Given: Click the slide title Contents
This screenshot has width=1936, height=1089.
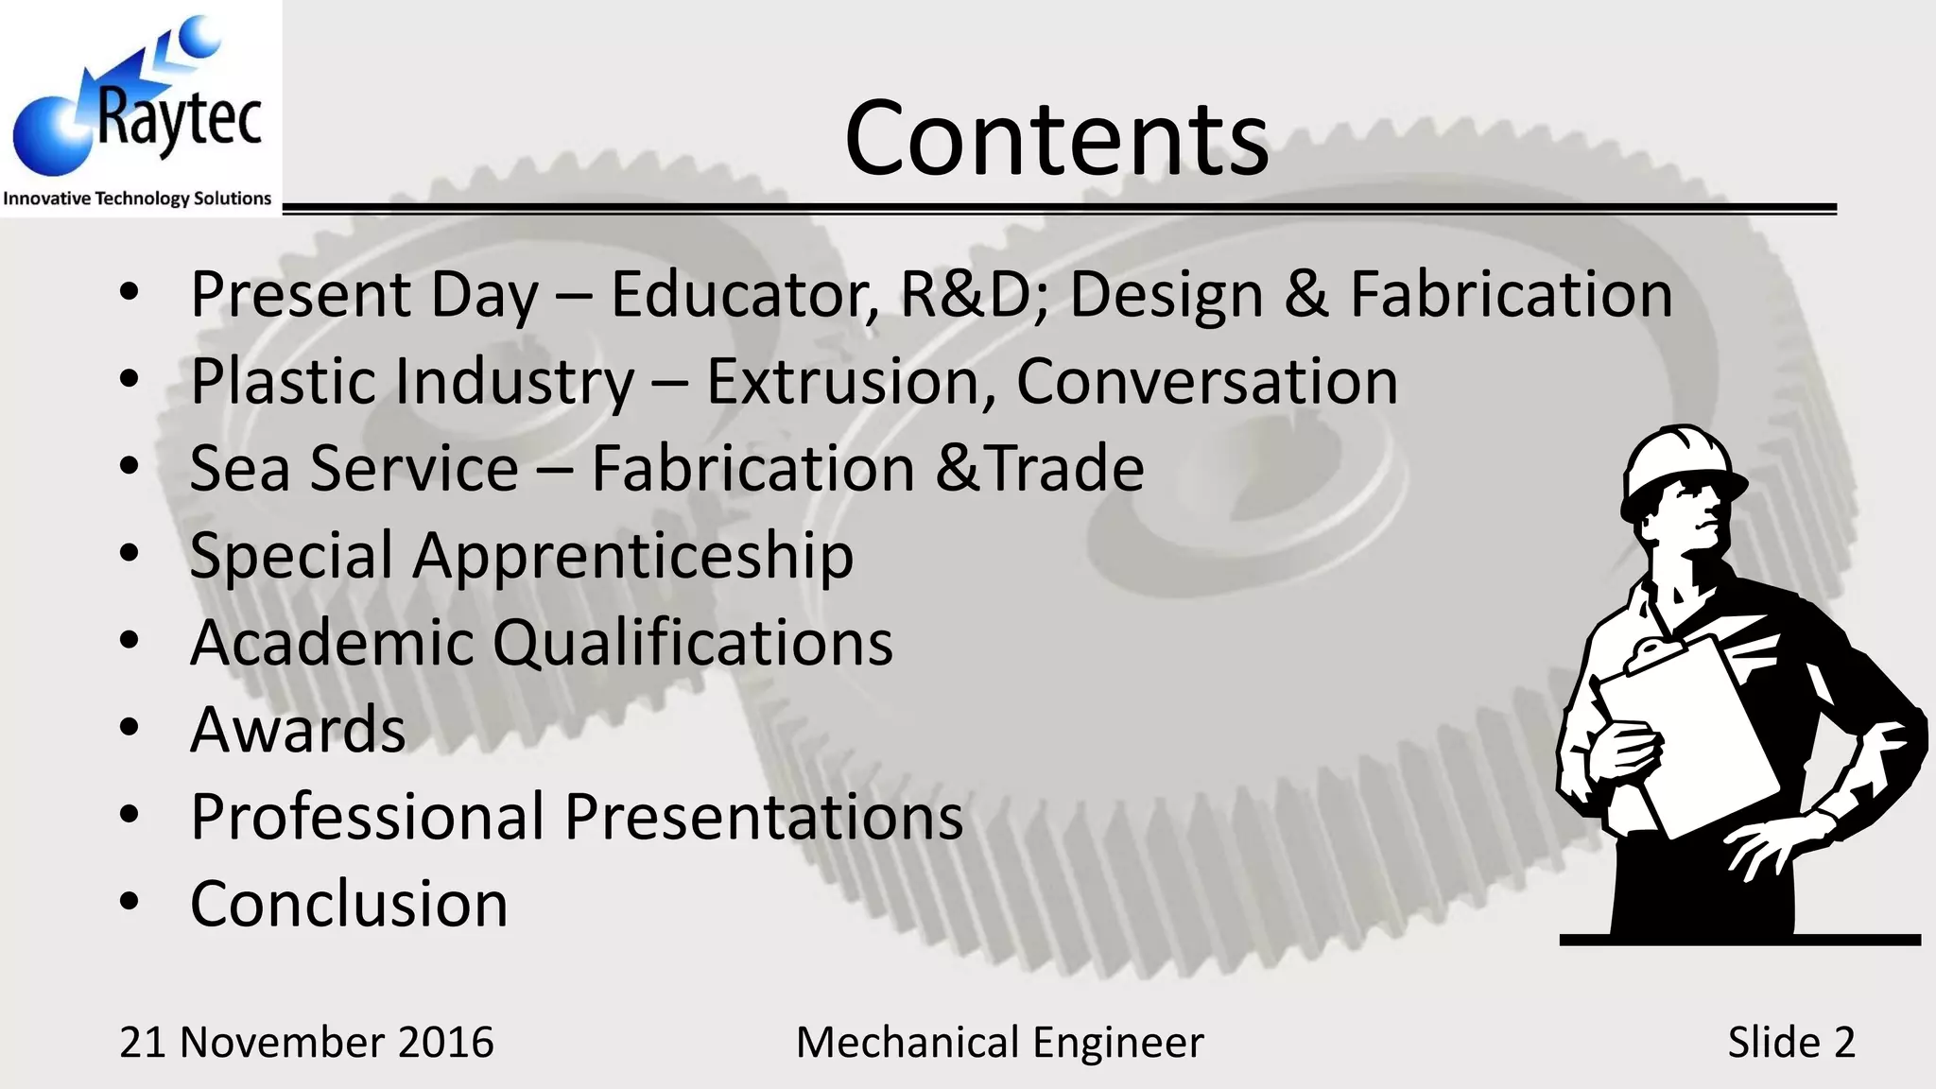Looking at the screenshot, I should click(1056, 138).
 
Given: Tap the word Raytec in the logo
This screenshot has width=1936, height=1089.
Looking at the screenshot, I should click(180, 121).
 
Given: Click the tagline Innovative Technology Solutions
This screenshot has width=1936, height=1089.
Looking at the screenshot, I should click(137, 199).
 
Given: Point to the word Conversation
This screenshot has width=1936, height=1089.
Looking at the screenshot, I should click(1206, 381).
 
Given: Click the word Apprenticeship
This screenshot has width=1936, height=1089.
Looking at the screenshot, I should click(632, 556).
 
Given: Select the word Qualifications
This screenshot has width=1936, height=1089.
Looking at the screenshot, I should click(692, 643).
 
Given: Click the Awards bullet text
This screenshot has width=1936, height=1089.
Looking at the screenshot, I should click(298, 730).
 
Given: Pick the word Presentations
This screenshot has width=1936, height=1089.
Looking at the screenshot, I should click(764, 817).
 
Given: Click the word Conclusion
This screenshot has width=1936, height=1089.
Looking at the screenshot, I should click(349, 904).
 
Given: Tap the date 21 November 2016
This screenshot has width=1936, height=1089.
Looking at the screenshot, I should click(306, 1042).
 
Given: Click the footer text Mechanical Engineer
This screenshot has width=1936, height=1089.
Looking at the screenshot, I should click(999, 1042).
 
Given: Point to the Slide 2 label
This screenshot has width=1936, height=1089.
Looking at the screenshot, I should click(1790, 1042).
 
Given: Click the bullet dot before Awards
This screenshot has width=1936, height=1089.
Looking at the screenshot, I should click(130, 728).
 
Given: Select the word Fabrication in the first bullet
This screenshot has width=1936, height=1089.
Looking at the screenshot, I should click(1511, 294).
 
